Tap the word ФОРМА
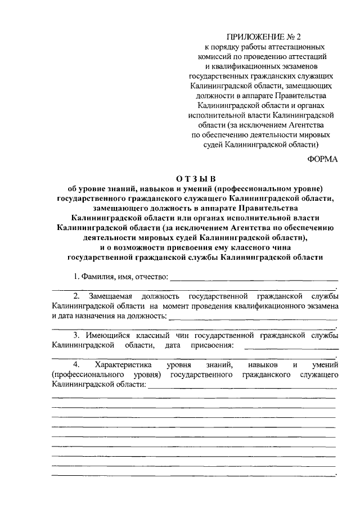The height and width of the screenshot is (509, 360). click(322, 159)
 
